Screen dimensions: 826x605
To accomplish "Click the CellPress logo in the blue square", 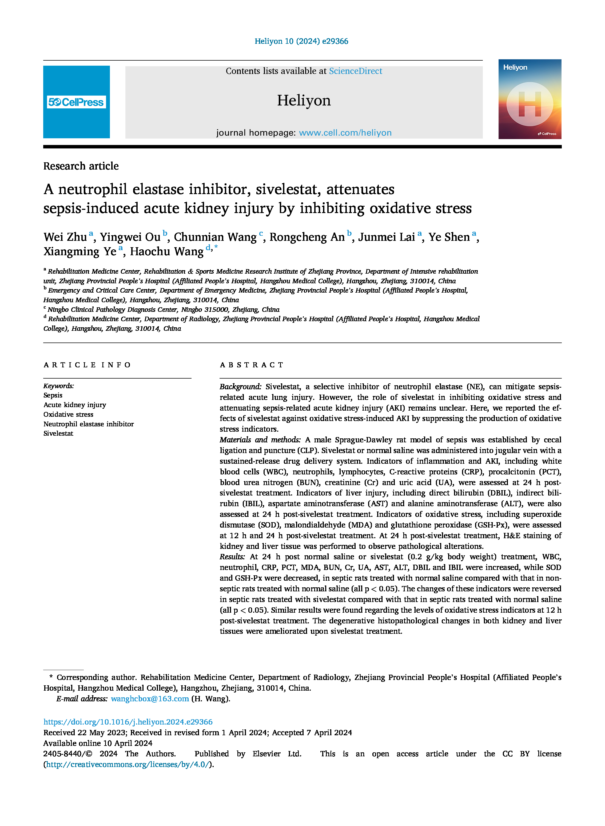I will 76,102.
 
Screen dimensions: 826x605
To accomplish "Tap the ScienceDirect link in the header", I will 355,71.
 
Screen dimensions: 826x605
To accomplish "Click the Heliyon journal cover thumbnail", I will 530,99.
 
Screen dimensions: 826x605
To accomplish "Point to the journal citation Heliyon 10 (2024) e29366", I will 301,41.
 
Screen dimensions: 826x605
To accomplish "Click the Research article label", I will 81,166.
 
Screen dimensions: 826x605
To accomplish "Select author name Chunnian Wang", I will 215,237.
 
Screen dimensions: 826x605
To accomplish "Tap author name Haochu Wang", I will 167,252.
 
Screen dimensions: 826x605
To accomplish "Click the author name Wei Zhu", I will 65,237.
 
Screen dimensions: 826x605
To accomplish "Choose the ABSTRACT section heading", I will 251,365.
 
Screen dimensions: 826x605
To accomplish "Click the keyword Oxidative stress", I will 68,414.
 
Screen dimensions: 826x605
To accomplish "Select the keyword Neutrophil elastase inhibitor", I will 89,424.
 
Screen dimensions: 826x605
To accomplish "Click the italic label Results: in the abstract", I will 232,557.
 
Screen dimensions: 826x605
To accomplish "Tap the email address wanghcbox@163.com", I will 150,699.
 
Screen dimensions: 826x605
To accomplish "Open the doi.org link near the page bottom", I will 128,722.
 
